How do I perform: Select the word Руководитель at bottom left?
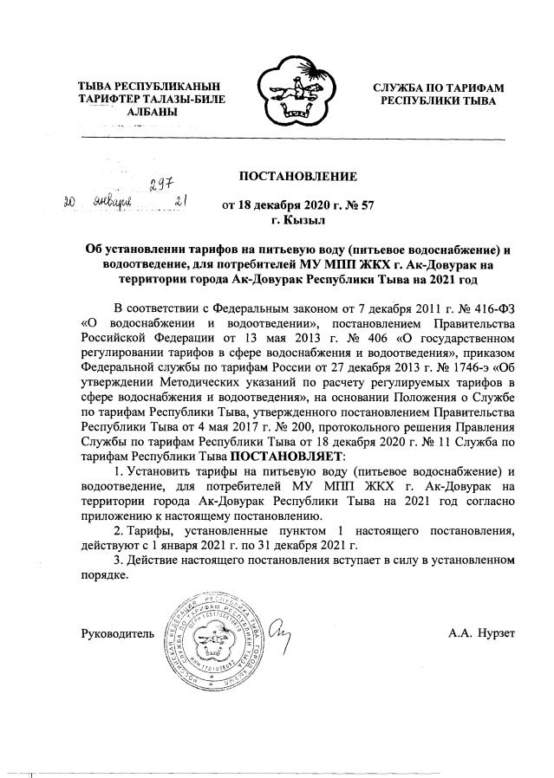[x=118, y=633]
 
